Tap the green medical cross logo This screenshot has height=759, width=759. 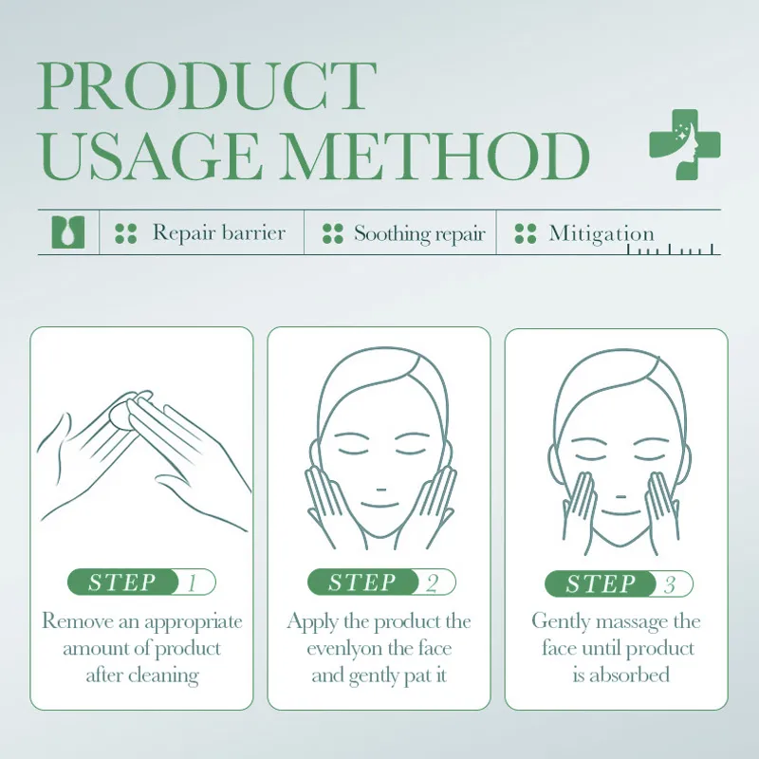(x=679, y=143)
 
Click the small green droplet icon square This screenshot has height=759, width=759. (x=67, y=232)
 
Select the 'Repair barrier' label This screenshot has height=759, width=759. (x=218, y=232)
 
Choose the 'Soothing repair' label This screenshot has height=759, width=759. (x=419, y=233)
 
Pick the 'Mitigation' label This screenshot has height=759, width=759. (x=602, y=233)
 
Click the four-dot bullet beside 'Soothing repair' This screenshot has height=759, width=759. (x=332, y=233)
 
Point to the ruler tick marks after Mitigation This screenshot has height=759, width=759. (x=674, y=250)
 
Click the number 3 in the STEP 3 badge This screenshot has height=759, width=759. (x=670, y=584)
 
